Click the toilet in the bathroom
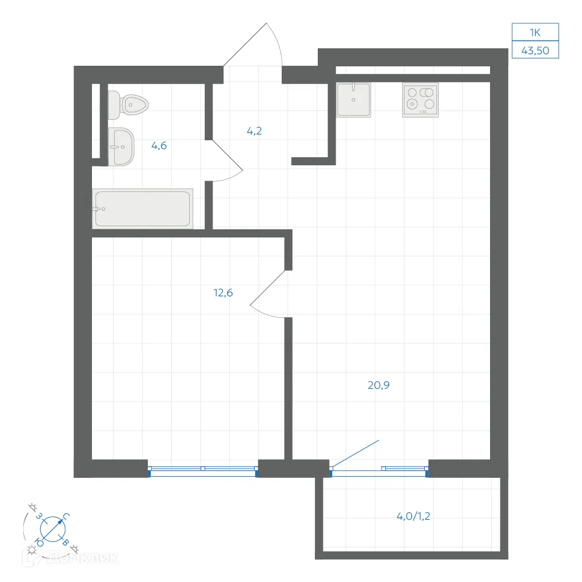(x=128, y=105)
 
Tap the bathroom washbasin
(x=121, y=147)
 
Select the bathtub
(x=143, y=208)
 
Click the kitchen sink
(x=353, y=100)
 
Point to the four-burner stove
(x=420, y=100)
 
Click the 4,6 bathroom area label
(x=159, y=145)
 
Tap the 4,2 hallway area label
(x=254, y=130)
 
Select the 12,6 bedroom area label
(x=223, y=293)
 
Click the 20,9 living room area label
(x=379, y=385)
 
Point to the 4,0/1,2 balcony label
(x=413, y=516)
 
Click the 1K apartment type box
(x=535, y=32)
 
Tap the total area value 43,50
(x=535, y=51)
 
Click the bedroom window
(x=203, y=471)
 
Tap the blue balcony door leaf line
(x=355, y=453)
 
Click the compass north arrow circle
(x=53, y=529)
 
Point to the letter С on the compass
(x=66, y=516)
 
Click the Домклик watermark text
(x=83, y=558)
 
